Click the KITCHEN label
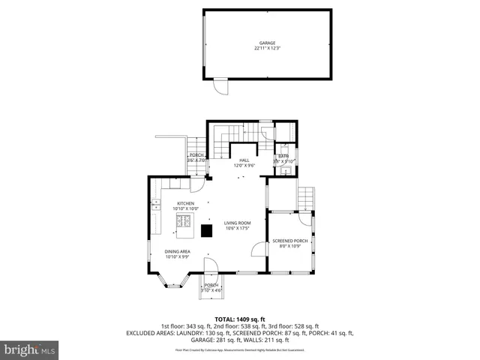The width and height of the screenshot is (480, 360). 185,203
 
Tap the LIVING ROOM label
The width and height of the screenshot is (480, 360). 237,223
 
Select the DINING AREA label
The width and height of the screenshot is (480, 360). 178,251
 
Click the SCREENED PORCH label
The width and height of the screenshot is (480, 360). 289,241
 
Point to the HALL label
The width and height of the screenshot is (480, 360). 244,160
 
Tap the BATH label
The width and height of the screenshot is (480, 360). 283,156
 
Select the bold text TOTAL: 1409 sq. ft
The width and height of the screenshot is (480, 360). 240,319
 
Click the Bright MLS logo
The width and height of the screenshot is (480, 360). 30,349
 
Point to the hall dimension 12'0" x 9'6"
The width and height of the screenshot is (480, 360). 244,165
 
